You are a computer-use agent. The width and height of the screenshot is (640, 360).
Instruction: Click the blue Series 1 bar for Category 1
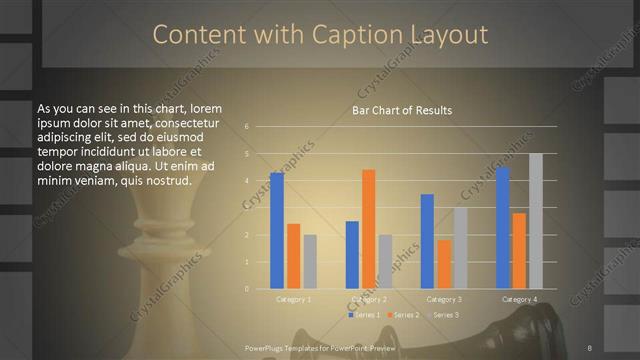(277, 230)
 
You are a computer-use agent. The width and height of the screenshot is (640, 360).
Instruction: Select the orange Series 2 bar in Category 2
(369, 229)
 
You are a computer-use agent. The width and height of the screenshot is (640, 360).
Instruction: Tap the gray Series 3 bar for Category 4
(536, 221)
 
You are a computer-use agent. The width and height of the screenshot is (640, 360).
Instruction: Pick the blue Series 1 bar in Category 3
(427, 241)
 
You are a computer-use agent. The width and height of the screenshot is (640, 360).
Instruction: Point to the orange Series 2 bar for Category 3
(444, 264)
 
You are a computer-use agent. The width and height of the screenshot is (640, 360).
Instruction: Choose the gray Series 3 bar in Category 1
(310, 262)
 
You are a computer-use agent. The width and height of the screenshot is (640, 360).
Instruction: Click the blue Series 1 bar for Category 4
(503, 228)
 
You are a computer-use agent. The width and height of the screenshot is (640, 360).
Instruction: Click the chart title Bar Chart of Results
(402, 110)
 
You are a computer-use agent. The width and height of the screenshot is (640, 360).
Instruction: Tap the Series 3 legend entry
(443, 315)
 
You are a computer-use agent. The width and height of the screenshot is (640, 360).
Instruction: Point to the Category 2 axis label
(369, 299)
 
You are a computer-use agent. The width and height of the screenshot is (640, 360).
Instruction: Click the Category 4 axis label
(519, 299)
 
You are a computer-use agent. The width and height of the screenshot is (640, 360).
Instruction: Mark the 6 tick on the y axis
(246, 128)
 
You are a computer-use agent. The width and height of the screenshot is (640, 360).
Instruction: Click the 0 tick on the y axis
(246, 289)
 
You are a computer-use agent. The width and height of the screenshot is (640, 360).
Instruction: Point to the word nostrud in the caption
(158, 180)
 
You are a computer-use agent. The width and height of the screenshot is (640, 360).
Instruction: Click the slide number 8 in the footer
(590, 347)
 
